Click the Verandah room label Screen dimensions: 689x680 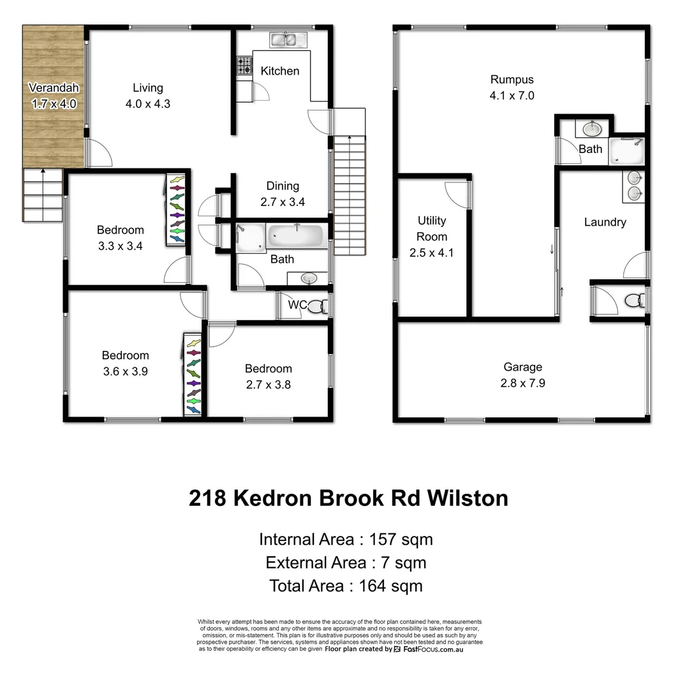(54, 89)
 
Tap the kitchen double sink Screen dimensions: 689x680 (283, 40)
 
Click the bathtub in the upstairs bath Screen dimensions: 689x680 (297, 236)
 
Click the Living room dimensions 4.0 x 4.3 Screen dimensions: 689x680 (148, 104)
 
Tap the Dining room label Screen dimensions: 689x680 (283, 186)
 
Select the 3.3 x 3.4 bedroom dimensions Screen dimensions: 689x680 (121, 246)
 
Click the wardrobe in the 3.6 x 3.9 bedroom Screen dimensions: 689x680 (193, 374)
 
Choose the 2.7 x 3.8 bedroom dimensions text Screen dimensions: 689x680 (269, 385)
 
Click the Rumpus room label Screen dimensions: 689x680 (512, 80)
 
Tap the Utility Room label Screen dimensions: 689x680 (432, 228)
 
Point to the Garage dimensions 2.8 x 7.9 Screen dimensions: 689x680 (522, 383)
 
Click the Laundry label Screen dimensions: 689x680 (605, 222)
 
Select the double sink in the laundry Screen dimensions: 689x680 (634, 185)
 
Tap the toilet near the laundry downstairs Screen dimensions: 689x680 (634, 300)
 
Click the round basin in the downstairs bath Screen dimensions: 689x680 (591, 130)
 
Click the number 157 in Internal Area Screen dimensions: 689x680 (382, 540)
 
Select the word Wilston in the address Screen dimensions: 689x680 (468, 498)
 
